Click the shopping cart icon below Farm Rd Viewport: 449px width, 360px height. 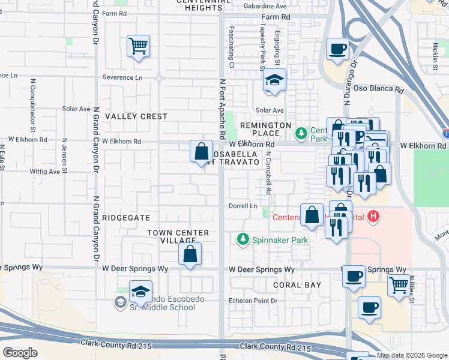139,46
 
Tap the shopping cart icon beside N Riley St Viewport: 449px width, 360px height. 399,286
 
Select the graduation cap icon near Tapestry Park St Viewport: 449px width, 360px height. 275,80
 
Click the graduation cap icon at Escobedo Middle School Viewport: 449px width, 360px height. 140,292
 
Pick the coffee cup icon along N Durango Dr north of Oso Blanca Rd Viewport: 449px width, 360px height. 337,48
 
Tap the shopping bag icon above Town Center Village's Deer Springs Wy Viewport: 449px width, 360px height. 190,253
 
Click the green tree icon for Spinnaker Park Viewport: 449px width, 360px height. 243,240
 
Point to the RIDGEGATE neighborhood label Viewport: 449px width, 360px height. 127,217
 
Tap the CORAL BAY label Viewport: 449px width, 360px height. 297,285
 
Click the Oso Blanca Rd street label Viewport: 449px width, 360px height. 382,89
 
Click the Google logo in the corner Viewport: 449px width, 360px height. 20,352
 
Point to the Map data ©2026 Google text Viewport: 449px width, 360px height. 412,355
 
